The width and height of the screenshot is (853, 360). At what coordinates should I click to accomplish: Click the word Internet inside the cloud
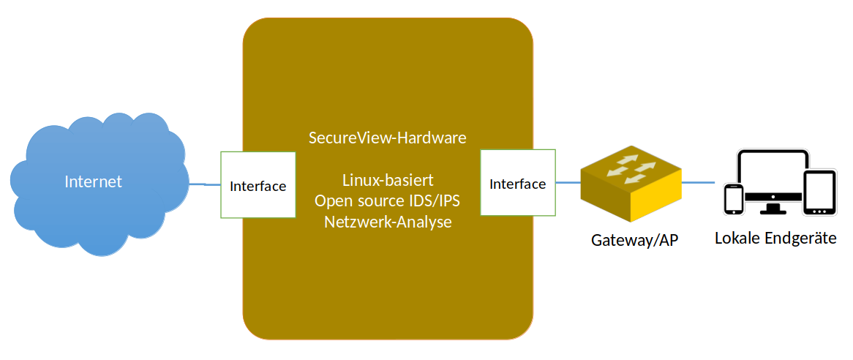tap(93, 181)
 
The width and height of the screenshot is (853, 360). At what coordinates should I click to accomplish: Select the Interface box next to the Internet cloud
tap(258, 185)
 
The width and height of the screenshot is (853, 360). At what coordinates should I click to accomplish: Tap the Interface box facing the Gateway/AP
tap(517, 183)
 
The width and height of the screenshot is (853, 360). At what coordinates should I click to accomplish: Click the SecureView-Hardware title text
tap(387, 138)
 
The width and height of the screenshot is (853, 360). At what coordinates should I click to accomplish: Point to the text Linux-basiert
tap(388, 180)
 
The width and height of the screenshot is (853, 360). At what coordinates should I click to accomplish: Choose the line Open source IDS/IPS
tap(387, 200)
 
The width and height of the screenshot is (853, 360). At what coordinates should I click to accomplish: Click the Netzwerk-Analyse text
tap(387, 221)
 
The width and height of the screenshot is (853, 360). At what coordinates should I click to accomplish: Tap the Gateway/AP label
tap(634, 241)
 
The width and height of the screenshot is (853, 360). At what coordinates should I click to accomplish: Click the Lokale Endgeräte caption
tap(775, 239)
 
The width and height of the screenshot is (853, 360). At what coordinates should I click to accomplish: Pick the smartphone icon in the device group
tap(733, 199)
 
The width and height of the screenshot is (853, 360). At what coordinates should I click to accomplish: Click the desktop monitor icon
tap(773, 176)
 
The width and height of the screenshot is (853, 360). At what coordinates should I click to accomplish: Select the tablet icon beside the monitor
tap(819, 193)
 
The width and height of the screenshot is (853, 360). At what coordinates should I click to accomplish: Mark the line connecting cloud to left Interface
tap(205, 184)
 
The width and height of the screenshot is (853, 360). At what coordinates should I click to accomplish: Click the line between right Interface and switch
tap(568, 182)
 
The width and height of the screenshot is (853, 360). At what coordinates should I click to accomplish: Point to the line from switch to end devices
tap(700, 182)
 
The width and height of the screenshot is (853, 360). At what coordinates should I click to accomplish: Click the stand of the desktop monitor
tap(773, 209)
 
